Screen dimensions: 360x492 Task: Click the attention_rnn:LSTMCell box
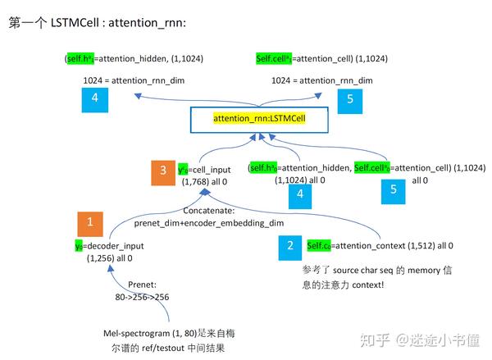tap(259, 119)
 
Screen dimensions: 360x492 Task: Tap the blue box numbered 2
tap(290, 245)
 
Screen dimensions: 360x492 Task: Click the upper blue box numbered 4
tap(95, 101)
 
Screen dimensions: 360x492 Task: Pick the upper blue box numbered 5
tap(350, 101)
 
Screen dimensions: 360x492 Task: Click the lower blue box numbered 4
tap(299, 194)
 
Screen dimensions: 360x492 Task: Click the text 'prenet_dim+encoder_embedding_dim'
tap(208, 222)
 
